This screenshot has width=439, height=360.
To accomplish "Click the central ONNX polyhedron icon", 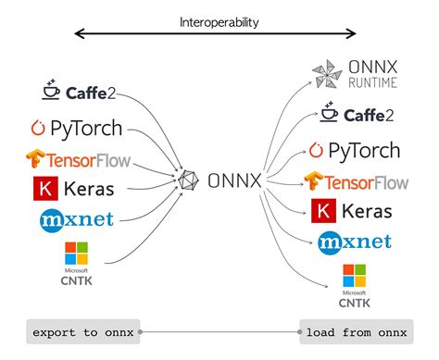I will pyautogui.click(x=189, y=180).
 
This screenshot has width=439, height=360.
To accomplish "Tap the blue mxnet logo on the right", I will pyautogui.click(x=355, y=242).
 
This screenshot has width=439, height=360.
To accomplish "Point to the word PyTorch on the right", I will pyautogui.click(x=365, y=149).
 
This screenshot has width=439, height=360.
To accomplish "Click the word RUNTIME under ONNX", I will pyautogui.click(x=373, y=82).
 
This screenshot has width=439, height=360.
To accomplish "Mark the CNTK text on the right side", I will pyautogui.click(x=353, y=302).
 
